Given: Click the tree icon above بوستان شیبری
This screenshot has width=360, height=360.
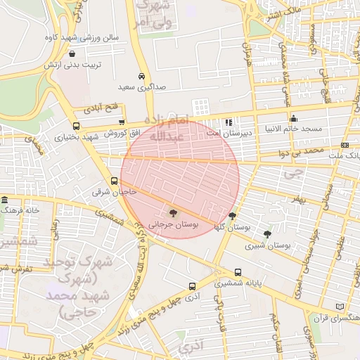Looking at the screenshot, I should pyautogui.click(x=266, y=234).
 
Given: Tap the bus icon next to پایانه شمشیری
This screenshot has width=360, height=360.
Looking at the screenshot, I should pyautogui.click(x=238, y=272).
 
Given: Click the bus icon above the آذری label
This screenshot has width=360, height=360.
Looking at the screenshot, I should pyautogui.click(x=192, y=286).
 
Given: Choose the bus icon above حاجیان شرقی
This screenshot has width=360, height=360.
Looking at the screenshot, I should pyautogui.click(x=114, y=181).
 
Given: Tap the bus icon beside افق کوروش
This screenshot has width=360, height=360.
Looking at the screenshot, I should pyautogui.click(x=77, y=127).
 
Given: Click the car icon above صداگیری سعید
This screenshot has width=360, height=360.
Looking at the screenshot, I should pyautogui.click(x=141, y=76).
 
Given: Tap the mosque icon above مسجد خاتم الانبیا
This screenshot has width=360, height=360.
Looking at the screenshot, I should pyautogui.click(x=292, y=119).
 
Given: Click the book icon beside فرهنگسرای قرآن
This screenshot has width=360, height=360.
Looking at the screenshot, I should pyautogui.click(x=340, y=307).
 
